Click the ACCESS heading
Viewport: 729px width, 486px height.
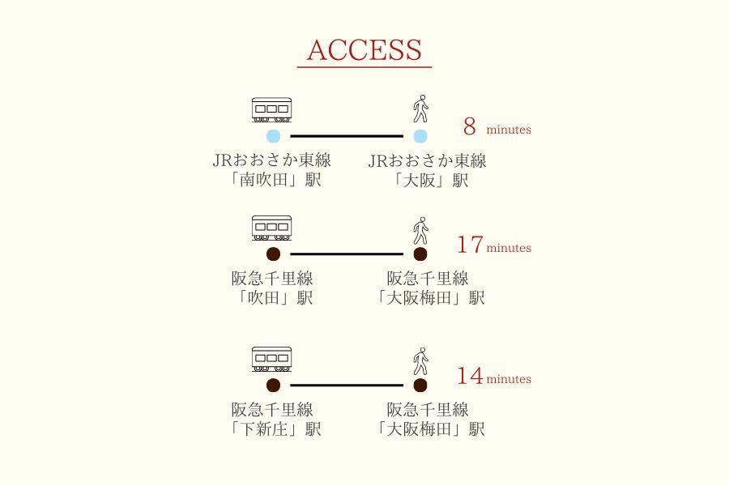(364, 50)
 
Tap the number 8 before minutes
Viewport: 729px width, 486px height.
(470, 127)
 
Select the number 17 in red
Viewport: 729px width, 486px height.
(470, 245)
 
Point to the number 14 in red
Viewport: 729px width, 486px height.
(470, 376)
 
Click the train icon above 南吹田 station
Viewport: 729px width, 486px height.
(271, 111)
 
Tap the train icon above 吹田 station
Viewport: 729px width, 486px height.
(271, 228)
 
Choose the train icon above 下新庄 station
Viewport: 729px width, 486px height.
(271, 360)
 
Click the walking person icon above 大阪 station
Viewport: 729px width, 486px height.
(420, 109)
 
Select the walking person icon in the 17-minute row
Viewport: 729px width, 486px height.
(420, 231)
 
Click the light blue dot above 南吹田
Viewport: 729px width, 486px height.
(273, 136)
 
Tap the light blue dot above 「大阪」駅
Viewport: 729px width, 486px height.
(420, 136)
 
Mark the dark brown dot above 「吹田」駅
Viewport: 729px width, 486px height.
(273, 254)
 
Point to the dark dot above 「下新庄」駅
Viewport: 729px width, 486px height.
(273, 386)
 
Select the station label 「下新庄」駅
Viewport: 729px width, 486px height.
(275, 429)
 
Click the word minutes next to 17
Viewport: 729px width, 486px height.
(509, 248)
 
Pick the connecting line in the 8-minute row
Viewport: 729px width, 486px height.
(347, 136)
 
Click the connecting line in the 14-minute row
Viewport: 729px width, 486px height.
(347, 386)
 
